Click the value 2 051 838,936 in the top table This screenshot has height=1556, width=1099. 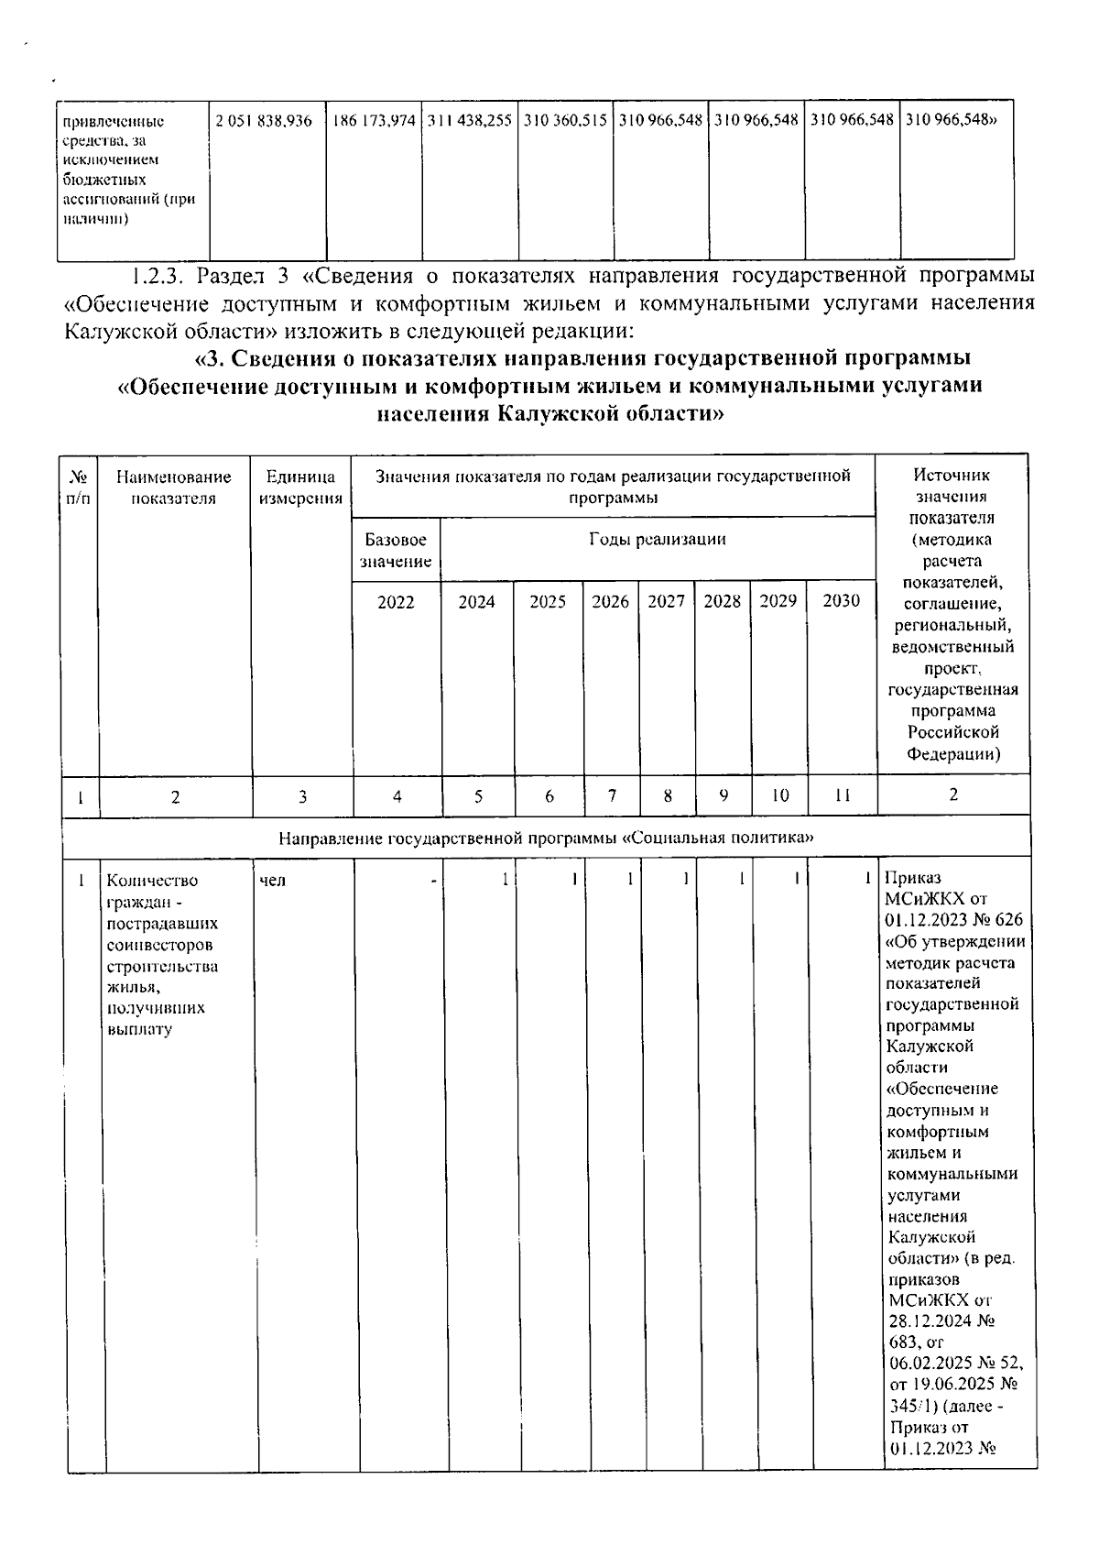pos(264,121)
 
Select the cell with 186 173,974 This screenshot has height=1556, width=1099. pos(374,121)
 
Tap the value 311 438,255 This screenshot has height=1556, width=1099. pos(470,121)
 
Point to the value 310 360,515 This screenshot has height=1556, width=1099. pos(566,121)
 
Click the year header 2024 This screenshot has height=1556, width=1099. pos(476,602)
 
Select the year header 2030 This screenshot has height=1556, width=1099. pos(842,601)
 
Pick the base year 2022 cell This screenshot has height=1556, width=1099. pos(396,602)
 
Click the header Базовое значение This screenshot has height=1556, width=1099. pos(396,550)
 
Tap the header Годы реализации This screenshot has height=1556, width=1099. pos(657,539)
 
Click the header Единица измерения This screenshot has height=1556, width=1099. pos(301,488)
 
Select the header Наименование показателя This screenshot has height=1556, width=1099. pos(174,488)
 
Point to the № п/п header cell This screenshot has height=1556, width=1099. pos(79,488)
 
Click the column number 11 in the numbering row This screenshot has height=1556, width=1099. pos(843,796)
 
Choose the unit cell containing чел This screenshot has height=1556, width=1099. pos(273,881)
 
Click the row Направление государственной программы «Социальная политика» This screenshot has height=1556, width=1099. pos(546,838)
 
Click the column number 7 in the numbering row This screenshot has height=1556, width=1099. pos(612,795)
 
